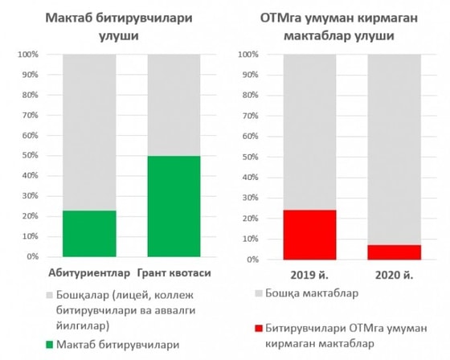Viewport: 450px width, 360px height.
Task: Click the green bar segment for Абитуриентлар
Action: pos(88,233)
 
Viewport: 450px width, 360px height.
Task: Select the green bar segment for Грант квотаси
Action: pos(174,206)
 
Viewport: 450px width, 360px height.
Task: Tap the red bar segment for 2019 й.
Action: pos(309,234)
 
